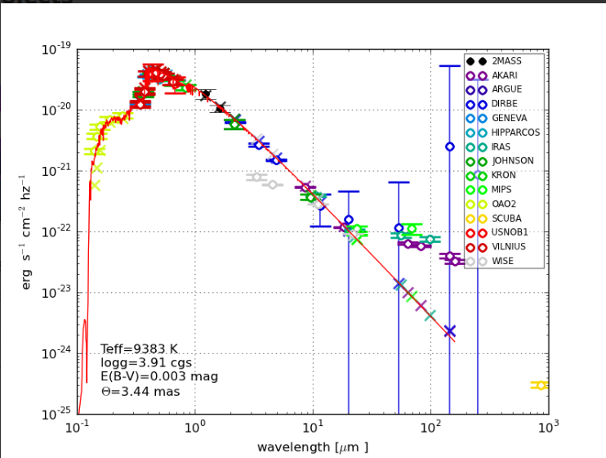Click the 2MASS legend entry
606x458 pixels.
[x=506, y=61]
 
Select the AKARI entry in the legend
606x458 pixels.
[x=506, y=75]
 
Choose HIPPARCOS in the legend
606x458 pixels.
[x=512, y=132]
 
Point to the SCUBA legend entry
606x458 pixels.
[x=506, y=218]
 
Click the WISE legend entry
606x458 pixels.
[x=502, y=261]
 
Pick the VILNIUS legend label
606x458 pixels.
[x=508, y=247]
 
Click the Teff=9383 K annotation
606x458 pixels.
[x=138, y=349]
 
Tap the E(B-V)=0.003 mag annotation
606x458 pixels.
[x=159, y=377]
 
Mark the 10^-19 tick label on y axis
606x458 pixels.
[x=57, y=50]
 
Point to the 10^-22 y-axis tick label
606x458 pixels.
[x=57, y=232]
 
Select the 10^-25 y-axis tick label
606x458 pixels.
[x=57, y=414]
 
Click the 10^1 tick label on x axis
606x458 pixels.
[x=313, y=428]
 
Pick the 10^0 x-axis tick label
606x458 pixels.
[x=194, y=428]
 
